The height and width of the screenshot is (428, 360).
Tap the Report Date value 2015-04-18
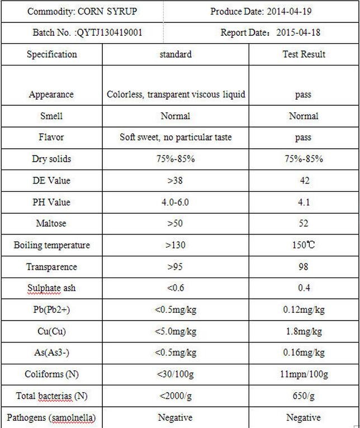(x=299, y=32)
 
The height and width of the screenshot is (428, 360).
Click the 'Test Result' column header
(x=304, y=54)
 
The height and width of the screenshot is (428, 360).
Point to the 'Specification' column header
(x=51, y=54)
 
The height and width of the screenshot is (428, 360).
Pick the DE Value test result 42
(x=304, y=181)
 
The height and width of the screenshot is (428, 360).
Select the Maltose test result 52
(x=304, y=223)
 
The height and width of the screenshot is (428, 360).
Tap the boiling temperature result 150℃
(x=304, y=245)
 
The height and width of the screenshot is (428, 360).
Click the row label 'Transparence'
(x=51, y=267)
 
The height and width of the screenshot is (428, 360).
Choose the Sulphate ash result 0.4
(x=304, y=288)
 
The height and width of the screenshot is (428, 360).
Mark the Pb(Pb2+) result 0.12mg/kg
(x=304, y=310)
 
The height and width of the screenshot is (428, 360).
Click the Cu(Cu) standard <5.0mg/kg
(x=176, y=331)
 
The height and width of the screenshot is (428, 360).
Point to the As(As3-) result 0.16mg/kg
(x=304, y=352)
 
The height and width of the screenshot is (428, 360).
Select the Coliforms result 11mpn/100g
(x=304, y=374)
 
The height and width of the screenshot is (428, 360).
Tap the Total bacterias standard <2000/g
(x=176, y=396)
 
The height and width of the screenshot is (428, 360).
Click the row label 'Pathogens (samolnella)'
(x=51, y=417)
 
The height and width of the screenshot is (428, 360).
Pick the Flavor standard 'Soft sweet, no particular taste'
(x=176, y=137)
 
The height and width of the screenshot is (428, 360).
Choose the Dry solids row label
(x=51, y=159)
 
